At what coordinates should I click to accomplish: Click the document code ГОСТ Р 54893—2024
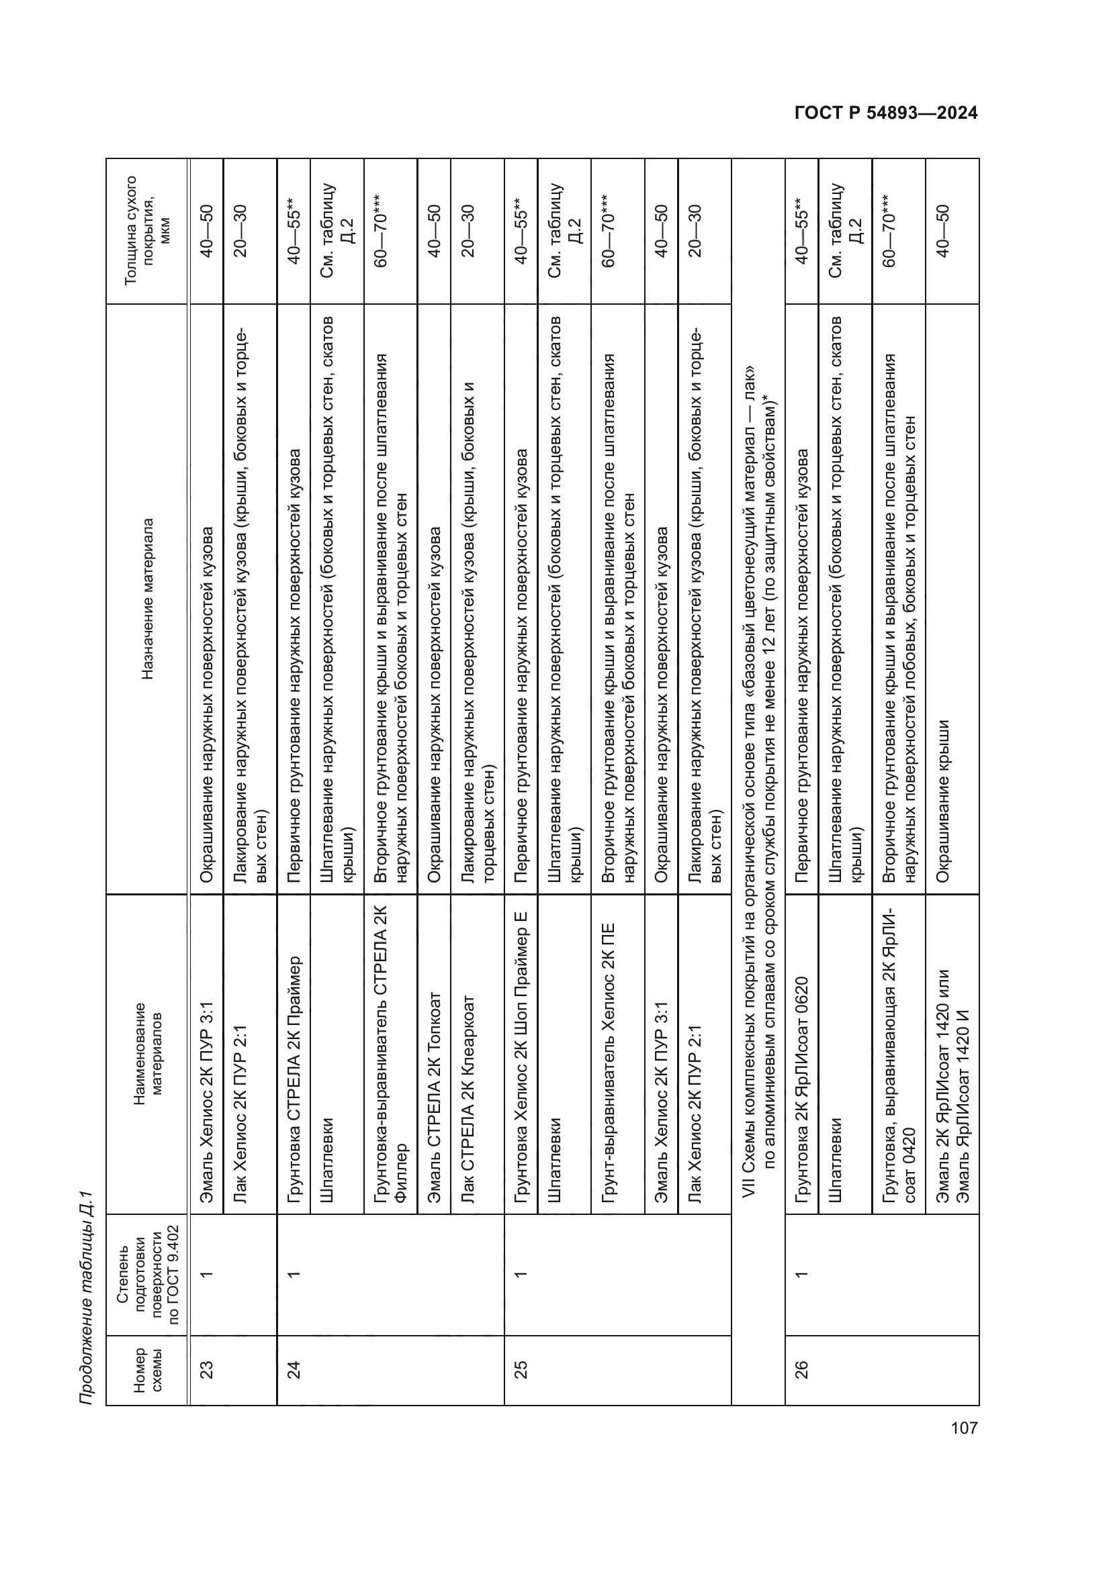(886, 113)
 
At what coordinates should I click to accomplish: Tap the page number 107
(964, 1428)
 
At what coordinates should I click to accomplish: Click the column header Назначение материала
(147, 599)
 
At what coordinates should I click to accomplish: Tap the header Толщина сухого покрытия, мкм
(147, 230)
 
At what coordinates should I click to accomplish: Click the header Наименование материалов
(147, 1054)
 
